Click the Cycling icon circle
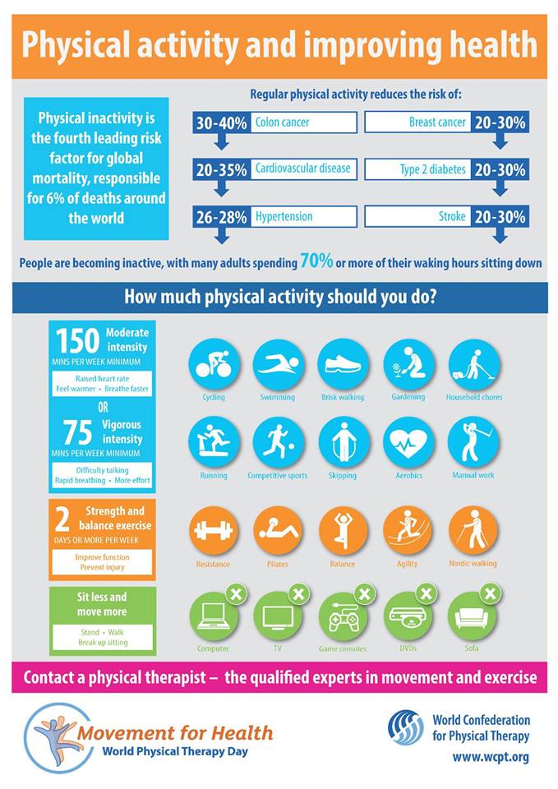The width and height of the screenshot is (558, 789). (214, 363)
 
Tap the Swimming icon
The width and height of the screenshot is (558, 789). (279, 363)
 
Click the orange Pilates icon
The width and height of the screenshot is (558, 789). (279, 530)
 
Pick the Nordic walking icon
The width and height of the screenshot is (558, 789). (473, 530)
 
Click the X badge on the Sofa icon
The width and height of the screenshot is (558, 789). (491, 593)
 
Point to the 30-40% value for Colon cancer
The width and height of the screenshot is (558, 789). (220, 123)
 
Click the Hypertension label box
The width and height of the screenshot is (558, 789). (305, 216)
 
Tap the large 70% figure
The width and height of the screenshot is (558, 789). (316, 261)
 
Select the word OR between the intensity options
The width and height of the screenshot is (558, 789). (102, 407)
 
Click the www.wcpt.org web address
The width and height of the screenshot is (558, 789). (491, 755)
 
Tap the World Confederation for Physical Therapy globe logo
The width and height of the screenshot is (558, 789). (406, 727)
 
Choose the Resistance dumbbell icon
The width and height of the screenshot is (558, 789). (214, 530)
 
